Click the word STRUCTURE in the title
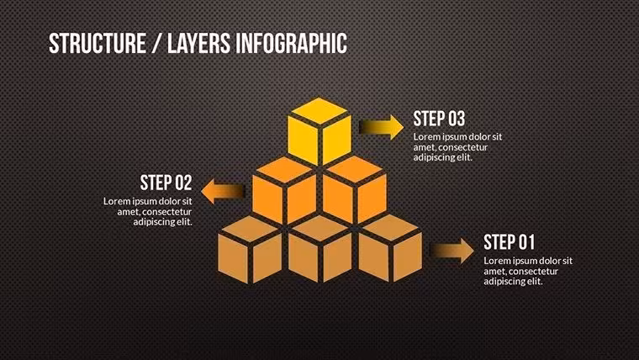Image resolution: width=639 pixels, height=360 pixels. click(98, 43)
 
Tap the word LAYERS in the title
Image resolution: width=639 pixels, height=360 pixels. click(199, 43)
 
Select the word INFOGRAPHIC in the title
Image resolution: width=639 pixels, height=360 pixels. click(292, 43)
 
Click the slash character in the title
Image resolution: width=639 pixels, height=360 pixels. click(156, 43)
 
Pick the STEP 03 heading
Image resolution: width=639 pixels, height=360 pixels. click(439, 119)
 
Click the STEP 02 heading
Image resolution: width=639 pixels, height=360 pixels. click(166, 183)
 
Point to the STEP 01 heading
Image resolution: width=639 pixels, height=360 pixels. click(509, 242)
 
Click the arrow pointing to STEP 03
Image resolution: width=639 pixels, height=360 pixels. click(382, 127)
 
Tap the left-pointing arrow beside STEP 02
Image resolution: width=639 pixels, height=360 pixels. click(223, 191)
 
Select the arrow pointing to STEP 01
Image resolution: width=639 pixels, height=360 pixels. click(452, 251)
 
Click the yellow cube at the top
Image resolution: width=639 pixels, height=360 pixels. click(319, 131)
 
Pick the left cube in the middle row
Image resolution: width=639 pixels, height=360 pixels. click(284, 191)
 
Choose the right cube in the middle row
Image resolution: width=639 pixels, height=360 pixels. click(355, 191)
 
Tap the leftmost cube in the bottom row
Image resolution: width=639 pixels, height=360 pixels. click(250, 250)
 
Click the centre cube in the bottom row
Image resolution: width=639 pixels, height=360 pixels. click(319, 250)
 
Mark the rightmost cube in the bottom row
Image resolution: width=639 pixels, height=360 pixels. click(390, 250)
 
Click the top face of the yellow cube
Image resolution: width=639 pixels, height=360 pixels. click(319, 110)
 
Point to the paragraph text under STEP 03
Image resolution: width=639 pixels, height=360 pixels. click(457, 147)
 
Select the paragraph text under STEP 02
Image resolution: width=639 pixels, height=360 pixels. click(147, 212)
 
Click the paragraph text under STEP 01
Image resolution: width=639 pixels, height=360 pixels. click(528, 271)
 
